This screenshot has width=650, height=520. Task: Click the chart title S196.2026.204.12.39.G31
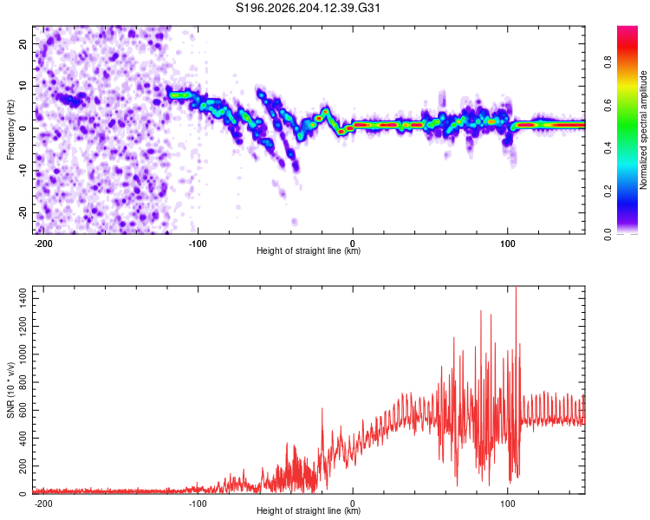coord(308,8)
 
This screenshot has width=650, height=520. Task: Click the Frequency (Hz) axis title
coord(10,130)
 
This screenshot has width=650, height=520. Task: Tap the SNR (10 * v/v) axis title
coord(10,390)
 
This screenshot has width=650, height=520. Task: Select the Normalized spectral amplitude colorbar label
coord(643,130)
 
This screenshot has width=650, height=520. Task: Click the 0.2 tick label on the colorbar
coord(608,192)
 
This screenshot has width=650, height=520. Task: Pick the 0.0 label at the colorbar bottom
coord(608,235)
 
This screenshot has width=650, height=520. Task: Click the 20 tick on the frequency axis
coord(23,43)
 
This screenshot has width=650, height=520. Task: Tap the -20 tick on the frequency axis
coord(23,213)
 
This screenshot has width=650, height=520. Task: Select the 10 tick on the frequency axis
coord(23,86)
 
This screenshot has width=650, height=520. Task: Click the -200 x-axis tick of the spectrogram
coord(42,244)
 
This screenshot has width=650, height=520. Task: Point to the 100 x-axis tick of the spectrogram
coord(507,244)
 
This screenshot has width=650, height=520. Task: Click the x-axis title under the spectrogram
coord(309,250)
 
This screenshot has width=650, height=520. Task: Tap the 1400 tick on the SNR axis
coord(23,298)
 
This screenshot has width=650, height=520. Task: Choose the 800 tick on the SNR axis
coord(23,382)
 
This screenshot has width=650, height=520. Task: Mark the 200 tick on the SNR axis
coord(23,466)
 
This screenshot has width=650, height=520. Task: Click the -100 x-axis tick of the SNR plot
coord(198,504)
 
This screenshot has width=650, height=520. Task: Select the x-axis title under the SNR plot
coord(309,510)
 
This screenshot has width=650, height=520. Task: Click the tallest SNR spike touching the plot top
coord(517,290)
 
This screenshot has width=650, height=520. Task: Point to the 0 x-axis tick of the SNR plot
coord(353,504)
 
